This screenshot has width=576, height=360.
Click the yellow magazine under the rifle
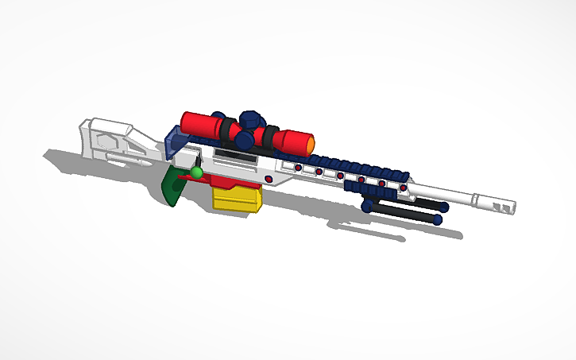(237, 199)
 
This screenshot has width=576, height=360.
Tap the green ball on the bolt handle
(196, 172)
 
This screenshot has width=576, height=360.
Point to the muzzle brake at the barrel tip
(504, 203)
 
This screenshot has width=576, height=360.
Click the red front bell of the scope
(294, 142)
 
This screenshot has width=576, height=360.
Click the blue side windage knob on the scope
(245, 140)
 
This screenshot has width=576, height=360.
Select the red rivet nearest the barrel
(404, 188)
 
